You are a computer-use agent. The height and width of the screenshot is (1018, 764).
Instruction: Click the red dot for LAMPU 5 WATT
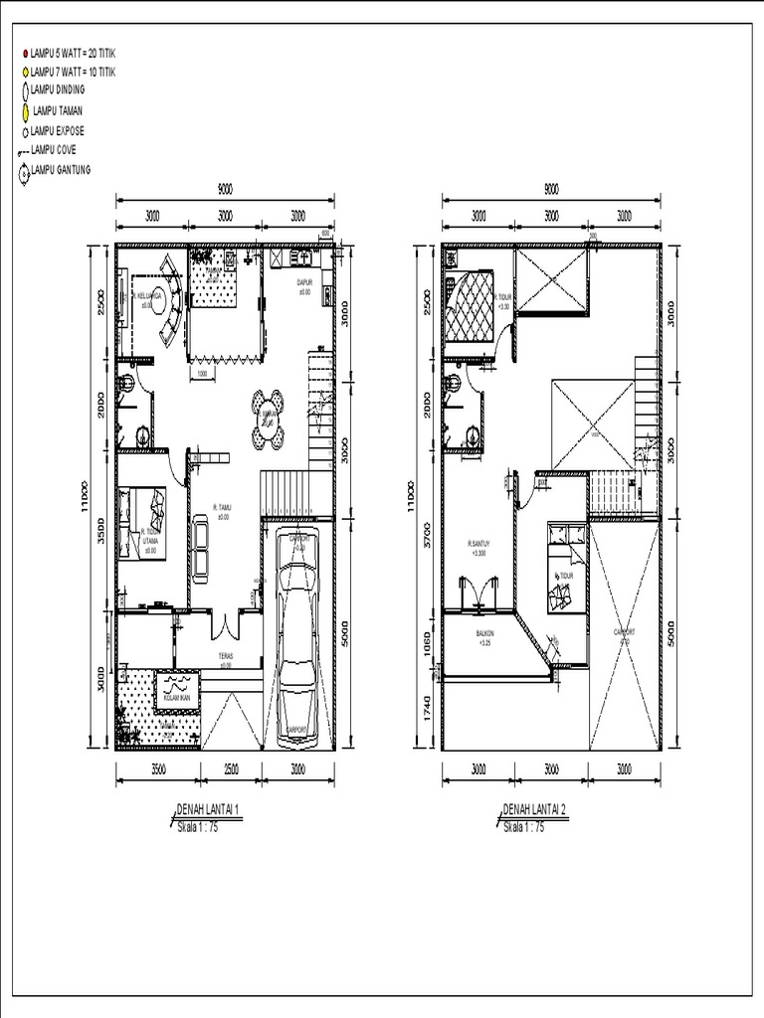pos(24,52)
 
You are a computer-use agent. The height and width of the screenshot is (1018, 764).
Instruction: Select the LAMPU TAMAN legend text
pos(57,110)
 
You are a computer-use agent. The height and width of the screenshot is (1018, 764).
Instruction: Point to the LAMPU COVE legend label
pos(60,149)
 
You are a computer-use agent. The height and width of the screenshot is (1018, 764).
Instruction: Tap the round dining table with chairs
pos(268,419)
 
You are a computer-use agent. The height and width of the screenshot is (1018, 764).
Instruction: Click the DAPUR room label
pos(305,283)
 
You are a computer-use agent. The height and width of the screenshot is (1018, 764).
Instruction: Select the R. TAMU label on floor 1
pos(222,511)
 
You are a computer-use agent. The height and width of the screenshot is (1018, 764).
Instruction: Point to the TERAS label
pos(226,658)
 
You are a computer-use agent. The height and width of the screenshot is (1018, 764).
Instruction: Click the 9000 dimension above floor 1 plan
pos(225,188)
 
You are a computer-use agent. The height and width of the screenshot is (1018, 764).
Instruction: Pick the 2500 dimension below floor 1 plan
pos(231,768)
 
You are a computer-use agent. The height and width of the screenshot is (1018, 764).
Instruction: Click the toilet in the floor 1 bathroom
pos(125,385)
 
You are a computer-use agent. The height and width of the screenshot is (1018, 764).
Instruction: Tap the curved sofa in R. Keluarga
pos(170,303)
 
